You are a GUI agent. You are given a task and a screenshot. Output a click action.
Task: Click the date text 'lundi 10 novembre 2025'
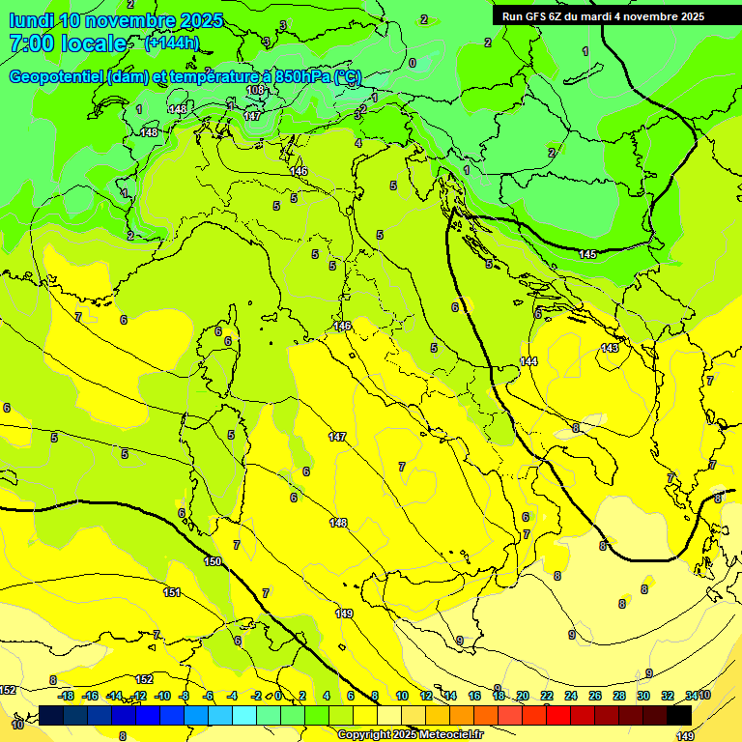[115, 20]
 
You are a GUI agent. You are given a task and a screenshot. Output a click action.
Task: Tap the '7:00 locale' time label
[68, 43]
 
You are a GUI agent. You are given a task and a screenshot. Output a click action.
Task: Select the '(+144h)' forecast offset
[171, 43]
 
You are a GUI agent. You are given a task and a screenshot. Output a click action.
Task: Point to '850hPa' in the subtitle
[303, 77]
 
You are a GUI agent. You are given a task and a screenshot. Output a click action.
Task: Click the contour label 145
[587, 254]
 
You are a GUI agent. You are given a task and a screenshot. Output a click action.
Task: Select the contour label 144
[528, 361]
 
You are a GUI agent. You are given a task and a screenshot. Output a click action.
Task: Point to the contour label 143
[610, 348]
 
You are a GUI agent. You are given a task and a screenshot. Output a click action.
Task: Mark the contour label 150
[213, 561]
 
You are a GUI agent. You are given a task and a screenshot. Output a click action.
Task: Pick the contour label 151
[172, 592]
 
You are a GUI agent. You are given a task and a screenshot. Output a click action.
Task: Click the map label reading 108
[255, 90]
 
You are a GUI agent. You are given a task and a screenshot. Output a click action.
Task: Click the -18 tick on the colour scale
[66, 696]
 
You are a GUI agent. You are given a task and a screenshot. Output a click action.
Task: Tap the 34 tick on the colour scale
[690, 696]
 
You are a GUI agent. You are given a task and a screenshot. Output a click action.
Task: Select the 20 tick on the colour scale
[522, 696]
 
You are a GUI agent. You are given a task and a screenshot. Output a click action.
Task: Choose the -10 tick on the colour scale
[162, 696]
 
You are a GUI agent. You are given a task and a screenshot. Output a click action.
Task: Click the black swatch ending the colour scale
[679, 715]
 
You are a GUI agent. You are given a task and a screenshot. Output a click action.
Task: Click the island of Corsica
[223, 348]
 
